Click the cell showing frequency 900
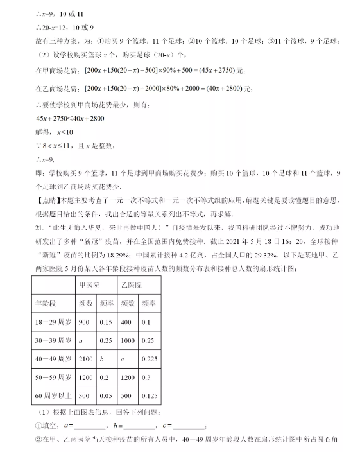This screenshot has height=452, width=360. [84, 321]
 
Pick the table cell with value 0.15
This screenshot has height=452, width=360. [106, 321]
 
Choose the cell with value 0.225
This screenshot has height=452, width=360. [150, 359]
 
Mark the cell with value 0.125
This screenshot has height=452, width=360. [150, 396]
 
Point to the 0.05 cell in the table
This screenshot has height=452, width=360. [106, 396]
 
